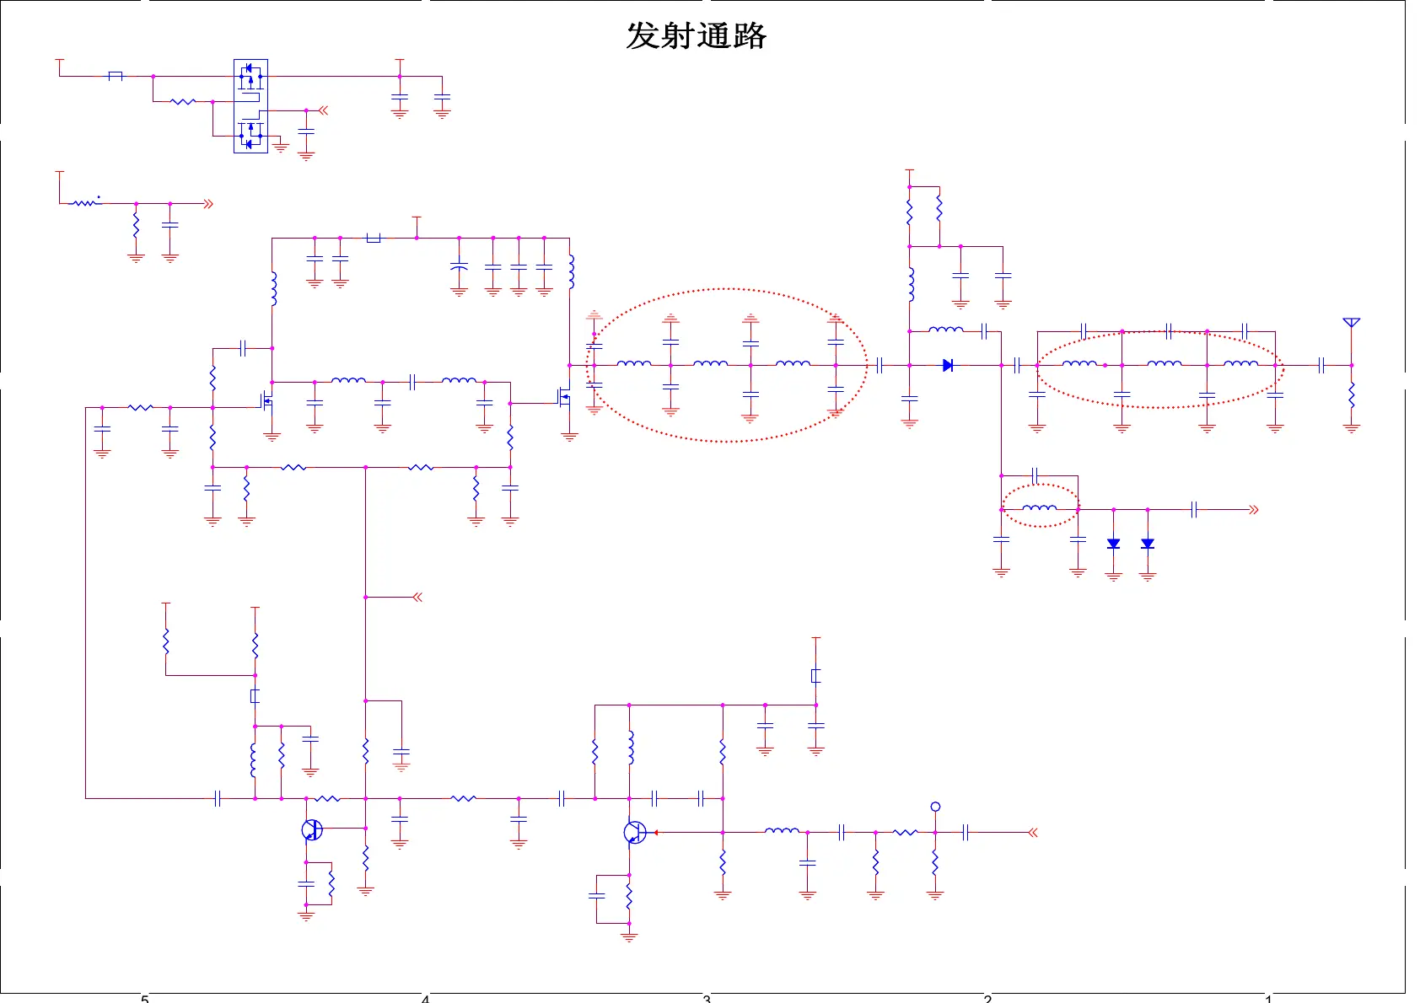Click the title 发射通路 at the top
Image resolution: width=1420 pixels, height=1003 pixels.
696,36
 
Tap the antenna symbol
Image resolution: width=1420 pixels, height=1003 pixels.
1351,323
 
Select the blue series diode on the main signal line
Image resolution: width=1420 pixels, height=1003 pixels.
948,365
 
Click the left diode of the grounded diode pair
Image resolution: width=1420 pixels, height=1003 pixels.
1113,544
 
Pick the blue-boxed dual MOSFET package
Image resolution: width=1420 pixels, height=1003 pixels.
250,106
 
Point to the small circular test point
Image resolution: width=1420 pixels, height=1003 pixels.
935,807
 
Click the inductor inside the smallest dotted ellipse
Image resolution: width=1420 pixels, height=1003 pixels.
1039,508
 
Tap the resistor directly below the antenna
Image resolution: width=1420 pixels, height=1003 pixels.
1351,394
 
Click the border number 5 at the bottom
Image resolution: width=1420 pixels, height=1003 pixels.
145,999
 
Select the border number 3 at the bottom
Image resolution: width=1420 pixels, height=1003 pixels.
707,999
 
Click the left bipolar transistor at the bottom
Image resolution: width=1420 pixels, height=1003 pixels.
311,829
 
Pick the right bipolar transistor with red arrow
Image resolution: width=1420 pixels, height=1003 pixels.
635,833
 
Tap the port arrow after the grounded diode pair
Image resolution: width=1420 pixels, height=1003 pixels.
1254,510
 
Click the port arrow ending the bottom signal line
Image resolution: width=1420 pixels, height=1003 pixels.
1032,833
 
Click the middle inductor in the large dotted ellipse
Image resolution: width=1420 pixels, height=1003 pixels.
710,364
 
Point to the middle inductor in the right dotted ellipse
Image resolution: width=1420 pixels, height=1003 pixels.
1165,364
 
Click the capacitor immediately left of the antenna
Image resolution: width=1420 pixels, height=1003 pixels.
1321,365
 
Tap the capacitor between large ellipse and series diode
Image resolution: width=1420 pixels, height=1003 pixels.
879,365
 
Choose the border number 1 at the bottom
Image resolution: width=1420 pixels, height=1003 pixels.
1268,999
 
